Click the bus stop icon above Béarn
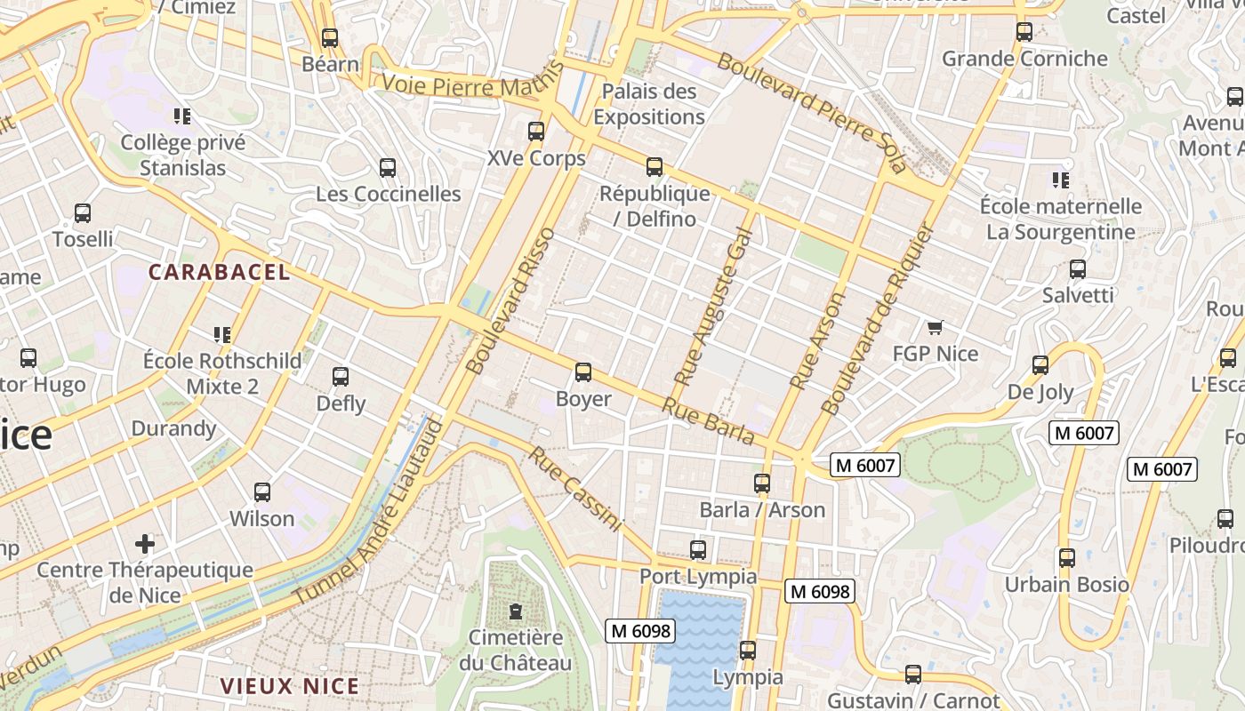click(x=330, y=38)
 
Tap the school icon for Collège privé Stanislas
click(x=182, y=116)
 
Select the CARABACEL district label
click(x=219, y=273)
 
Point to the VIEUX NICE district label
click(x=290, y=686)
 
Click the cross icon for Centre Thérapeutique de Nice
click(x=145, y=543)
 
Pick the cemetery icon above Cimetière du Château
click(x=515, y=611)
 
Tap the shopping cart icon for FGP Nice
click(x=935, y=328)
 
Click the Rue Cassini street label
click(x=575, y=489)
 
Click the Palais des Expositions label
click(x=649, y=104)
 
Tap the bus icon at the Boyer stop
click(x=583, y=372)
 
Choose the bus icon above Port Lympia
click(x=698, y=550)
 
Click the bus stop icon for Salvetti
click(x=1078, y=269)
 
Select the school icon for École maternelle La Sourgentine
click(x=1060, y=180)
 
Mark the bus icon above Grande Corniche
click(x=1024, y=32)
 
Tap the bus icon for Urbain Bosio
click(x=1067, y=558)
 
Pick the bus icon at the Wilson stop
click(x=262, y=492)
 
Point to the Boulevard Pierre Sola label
click(x=811, y=112)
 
